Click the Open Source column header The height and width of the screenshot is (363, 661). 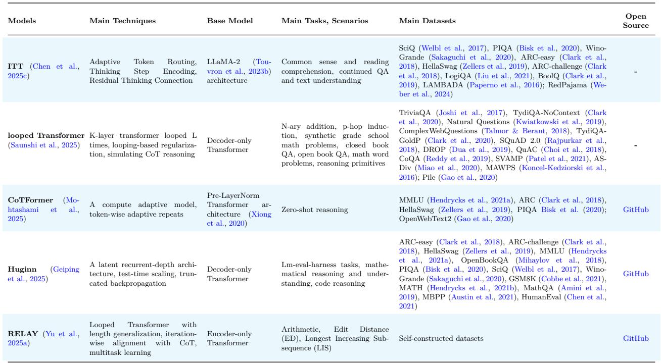[x=636, y=21]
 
